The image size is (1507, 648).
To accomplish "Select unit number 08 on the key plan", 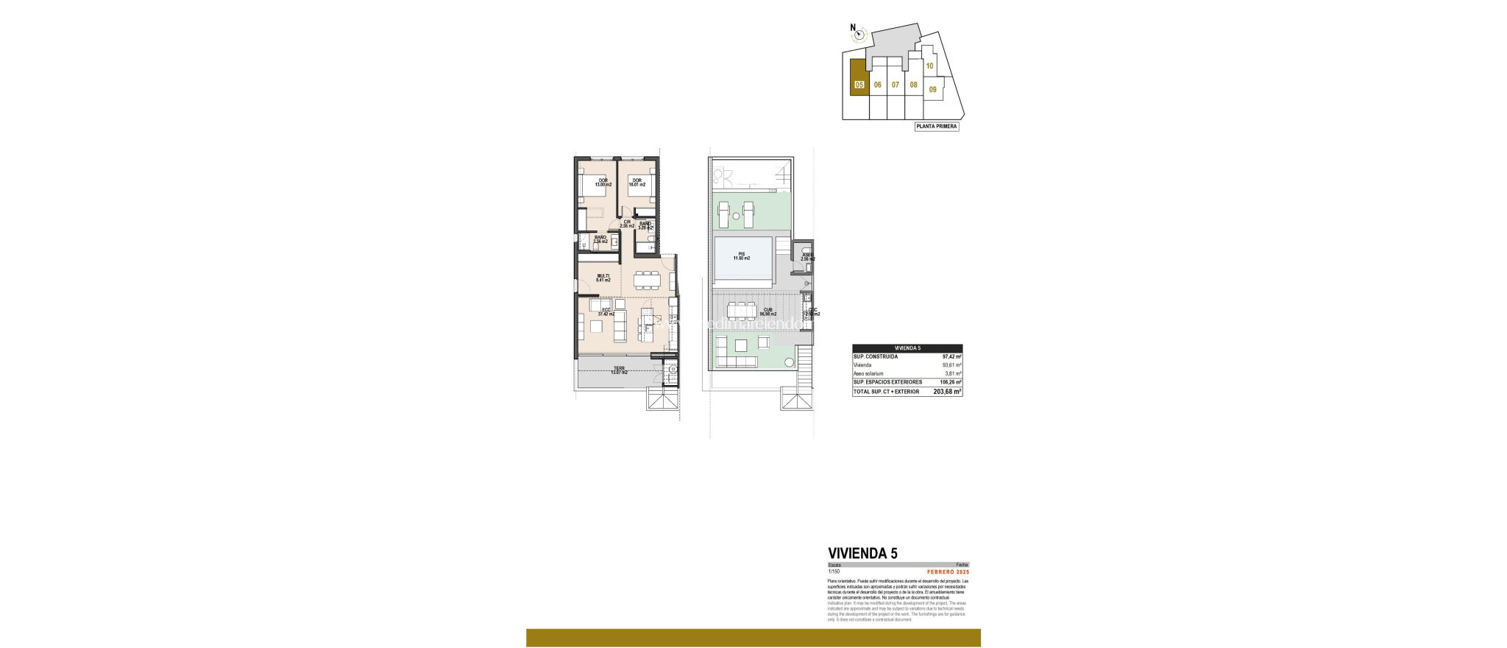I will click(913, 85).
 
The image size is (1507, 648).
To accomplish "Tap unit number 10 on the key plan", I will click(929, 66).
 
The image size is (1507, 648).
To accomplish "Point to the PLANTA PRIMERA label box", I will click(936, 127).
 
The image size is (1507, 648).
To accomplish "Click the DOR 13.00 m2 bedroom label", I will click(603, 183).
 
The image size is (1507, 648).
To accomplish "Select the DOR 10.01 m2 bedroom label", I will click(636, 183).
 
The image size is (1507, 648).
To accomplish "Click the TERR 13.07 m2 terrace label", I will click(619, 370).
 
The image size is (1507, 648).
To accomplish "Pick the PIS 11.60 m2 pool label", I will click(741, 256).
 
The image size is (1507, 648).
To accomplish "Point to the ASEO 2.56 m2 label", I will click(807, 257).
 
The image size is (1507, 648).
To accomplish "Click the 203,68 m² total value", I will click(947, 392).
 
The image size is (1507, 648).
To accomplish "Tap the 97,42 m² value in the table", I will click(952, 356).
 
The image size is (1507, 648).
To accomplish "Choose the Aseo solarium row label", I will click(868, 374).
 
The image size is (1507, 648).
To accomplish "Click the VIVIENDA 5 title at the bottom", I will click(862, 553).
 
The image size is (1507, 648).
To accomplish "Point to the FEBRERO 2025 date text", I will click(948, 572).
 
